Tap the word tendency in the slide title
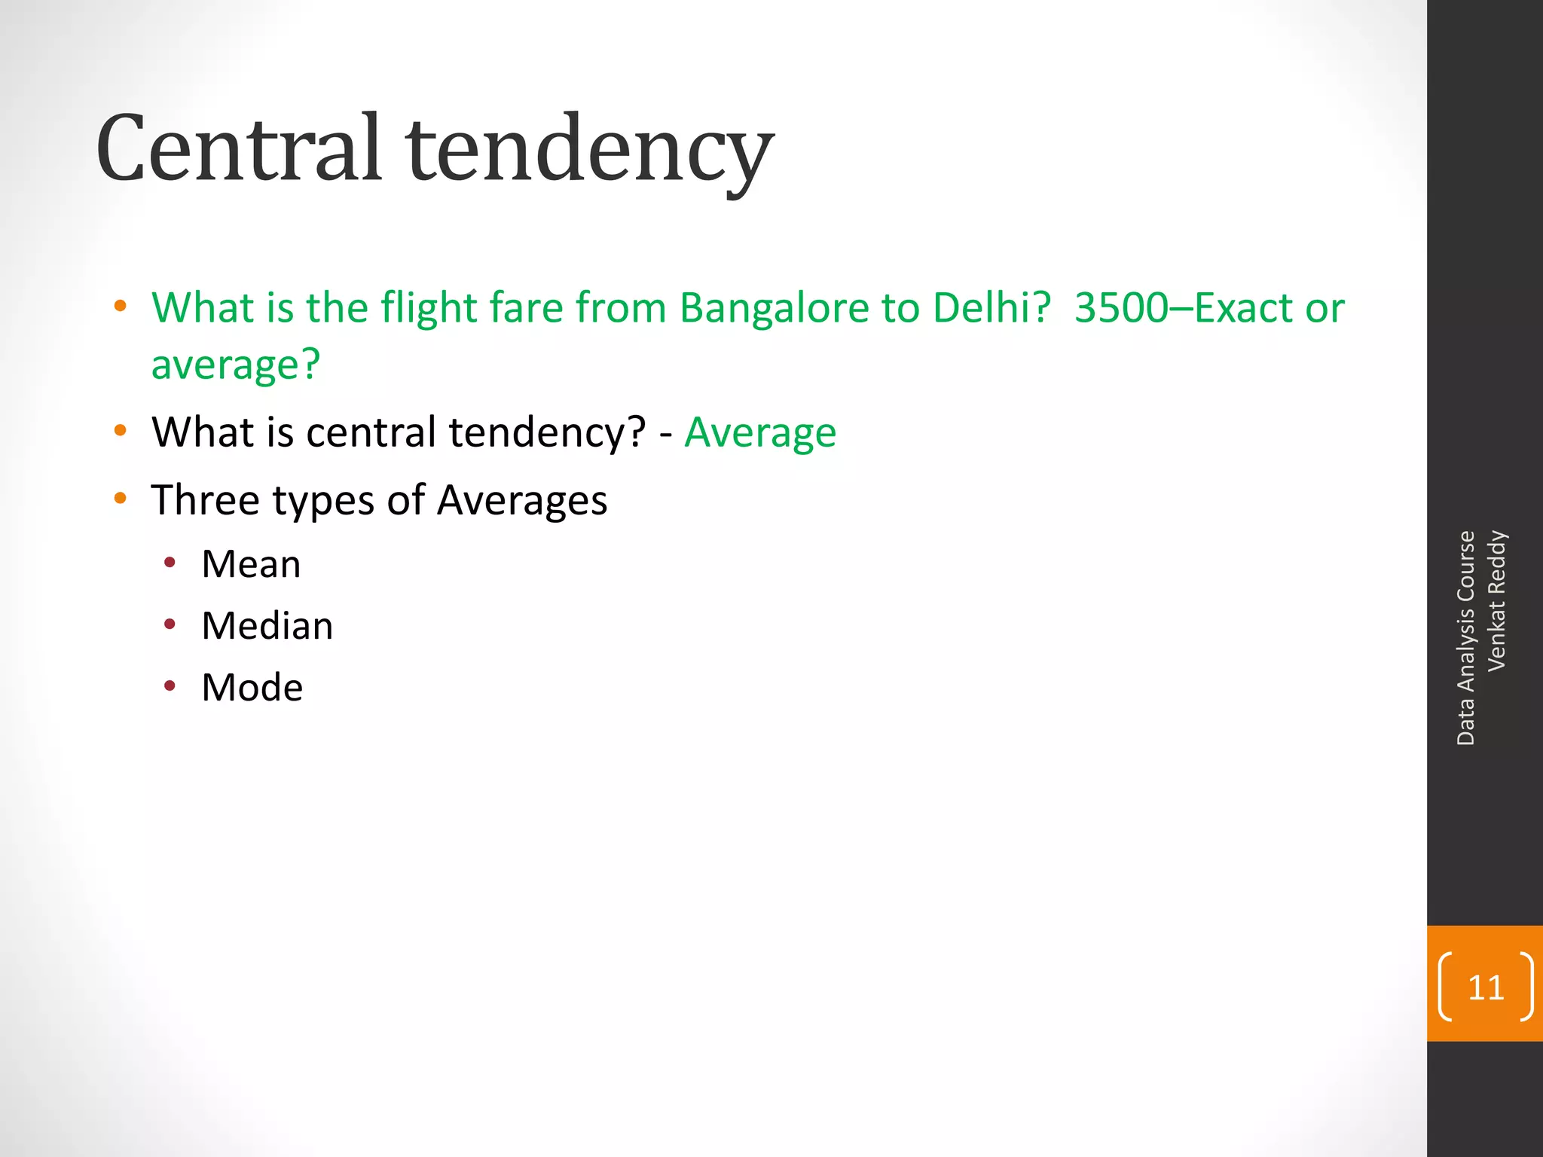click(x=589, y=151)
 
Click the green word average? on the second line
click(x=236, y=365)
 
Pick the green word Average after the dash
click(x=760, y=432)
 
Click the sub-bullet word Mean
click(x=251, y=564)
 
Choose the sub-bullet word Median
click(x=267, y=626)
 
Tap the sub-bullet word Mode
click(x=252, y=688)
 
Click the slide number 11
click(x=1486, y=988)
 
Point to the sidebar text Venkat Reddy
click(x=1496, y=600)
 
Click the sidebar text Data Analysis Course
click(x=1465, y=638)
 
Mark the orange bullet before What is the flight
click(x=120, y=307)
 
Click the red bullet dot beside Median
click(x=170, y=624)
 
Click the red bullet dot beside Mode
click(x=170, y=686)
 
